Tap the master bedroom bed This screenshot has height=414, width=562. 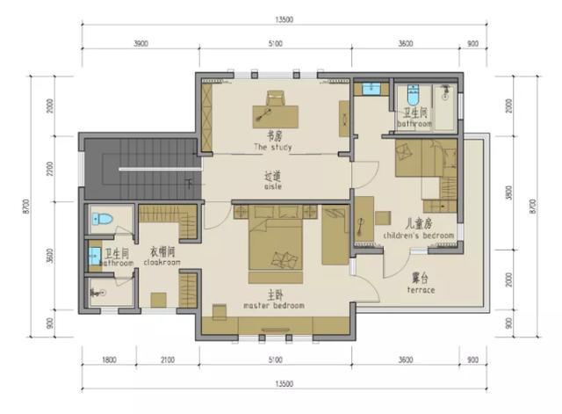click(275, 245)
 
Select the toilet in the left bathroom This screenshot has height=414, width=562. click(103, 219)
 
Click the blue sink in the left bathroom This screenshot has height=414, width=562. click(95, 257)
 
